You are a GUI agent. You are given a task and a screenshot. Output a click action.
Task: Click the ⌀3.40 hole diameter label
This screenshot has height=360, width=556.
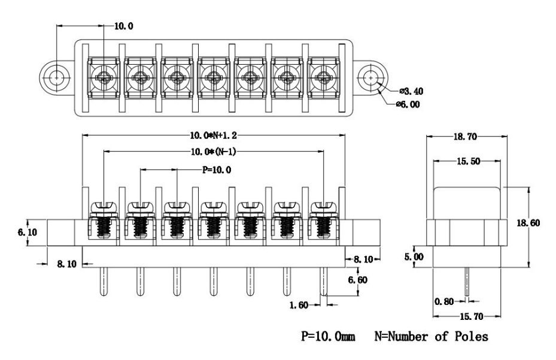coord(411,91)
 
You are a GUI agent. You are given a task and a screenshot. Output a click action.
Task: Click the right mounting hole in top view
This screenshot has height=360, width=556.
coord(371,78)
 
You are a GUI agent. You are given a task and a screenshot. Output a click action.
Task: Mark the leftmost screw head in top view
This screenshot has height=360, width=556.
coord(104,78)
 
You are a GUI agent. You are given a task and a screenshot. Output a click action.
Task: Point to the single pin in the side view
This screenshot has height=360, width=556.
coord(466,282)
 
